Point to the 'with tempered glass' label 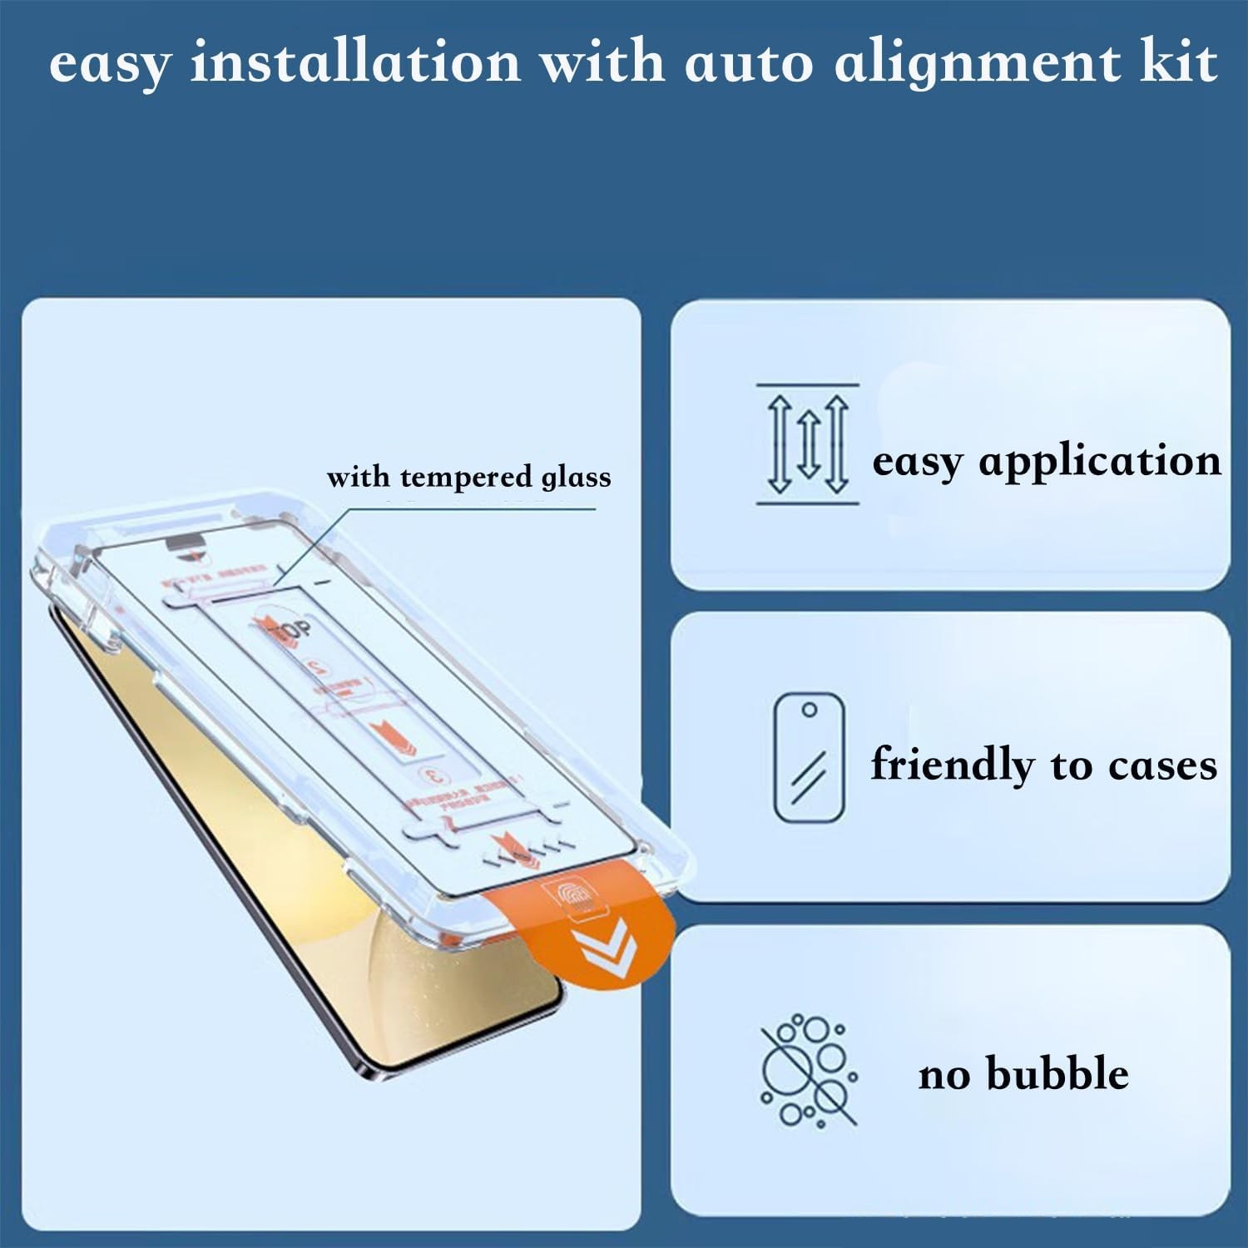point(468,478)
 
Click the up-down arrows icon point(807,444)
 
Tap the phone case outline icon point(809,758)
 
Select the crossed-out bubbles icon point(808,1070)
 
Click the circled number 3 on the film point(434,776)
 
